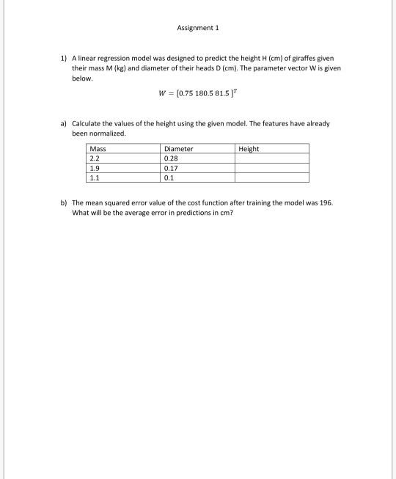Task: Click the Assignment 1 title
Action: pyautogui.click(x=198, y=28)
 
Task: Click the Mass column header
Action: pyautogui.click(x=96, y=149)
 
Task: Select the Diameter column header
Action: pyautogui.click(x=179, y=149)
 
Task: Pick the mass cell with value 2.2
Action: pyautogui.click(x=94, y=158)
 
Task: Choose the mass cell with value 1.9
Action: pyautogui.click(x=94, y=168)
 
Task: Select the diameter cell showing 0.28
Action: pyautogui.click(x=172, y=158)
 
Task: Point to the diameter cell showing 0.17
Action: pyautogui.click(x=172, y=168)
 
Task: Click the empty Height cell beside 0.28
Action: pyautogui.click(x=271, y=158)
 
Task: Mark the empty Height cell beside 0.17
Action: pyautogui.click(x=271, y=168)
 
